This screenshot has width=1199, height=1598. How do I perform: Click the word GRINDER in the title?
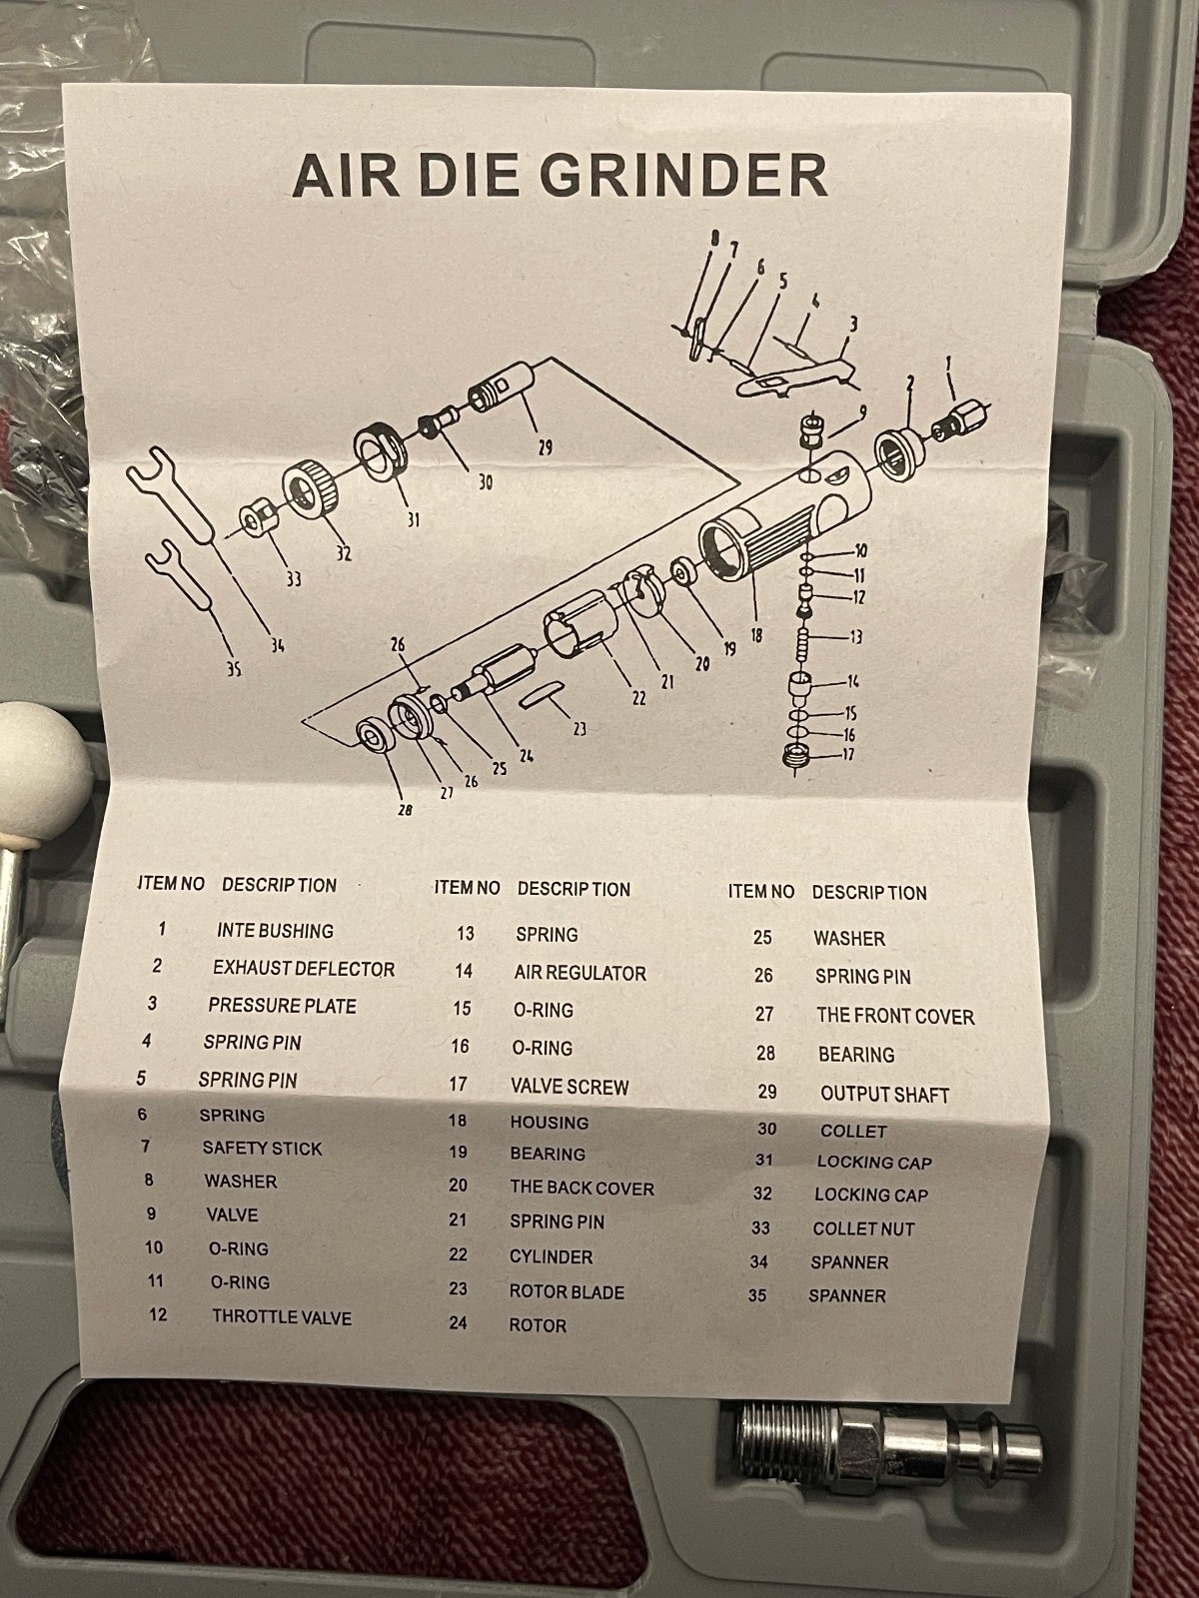pos(682,175)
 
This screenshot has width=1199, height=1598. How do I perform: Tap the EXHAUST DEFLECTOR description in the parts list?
pos(303,969)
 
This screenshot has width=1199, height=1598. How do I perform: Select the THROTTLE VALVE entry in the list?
pos(281,1317)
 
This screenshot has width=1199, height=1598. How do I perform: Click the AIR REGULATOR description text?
pos(580,973)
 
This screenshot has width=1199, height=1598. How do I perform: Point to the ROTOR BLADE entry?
pos(567,1291)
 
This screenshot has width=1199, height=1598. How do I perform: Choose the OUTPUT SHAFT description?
pos(884,1094)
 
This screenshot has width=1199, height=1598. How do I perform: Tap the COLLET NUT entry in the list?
pos(863,1228)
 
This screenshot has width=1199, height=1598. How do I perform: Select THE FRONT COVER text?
pos(894,1017)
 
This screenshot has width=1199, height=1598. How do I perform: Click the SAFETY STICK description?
pos(262,1149)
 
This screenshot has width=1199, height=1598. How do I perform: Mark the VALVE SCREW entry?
pos(570,1086)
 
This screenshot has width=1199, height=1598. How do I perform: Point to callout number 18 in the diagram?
pos(756,633)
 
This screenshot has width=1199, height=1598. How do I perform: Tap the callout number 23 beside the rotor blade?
pos(580,729)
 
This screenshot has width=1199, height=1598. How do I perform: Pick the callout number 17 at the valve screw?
pos(847,754)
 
